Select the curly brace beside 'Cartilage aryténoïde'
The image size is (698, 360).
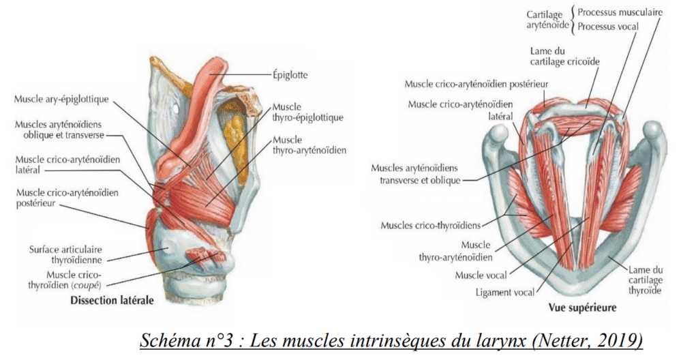[573, 20]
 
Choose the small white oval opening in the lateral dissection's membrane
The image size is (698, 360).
[178, 108]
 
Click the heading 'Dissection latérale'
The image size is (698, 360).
[112, 300]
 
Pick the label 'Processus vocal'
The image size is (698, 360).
[607, 27]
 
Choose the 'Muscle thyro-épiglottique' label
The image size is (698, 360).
[307, 112]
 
